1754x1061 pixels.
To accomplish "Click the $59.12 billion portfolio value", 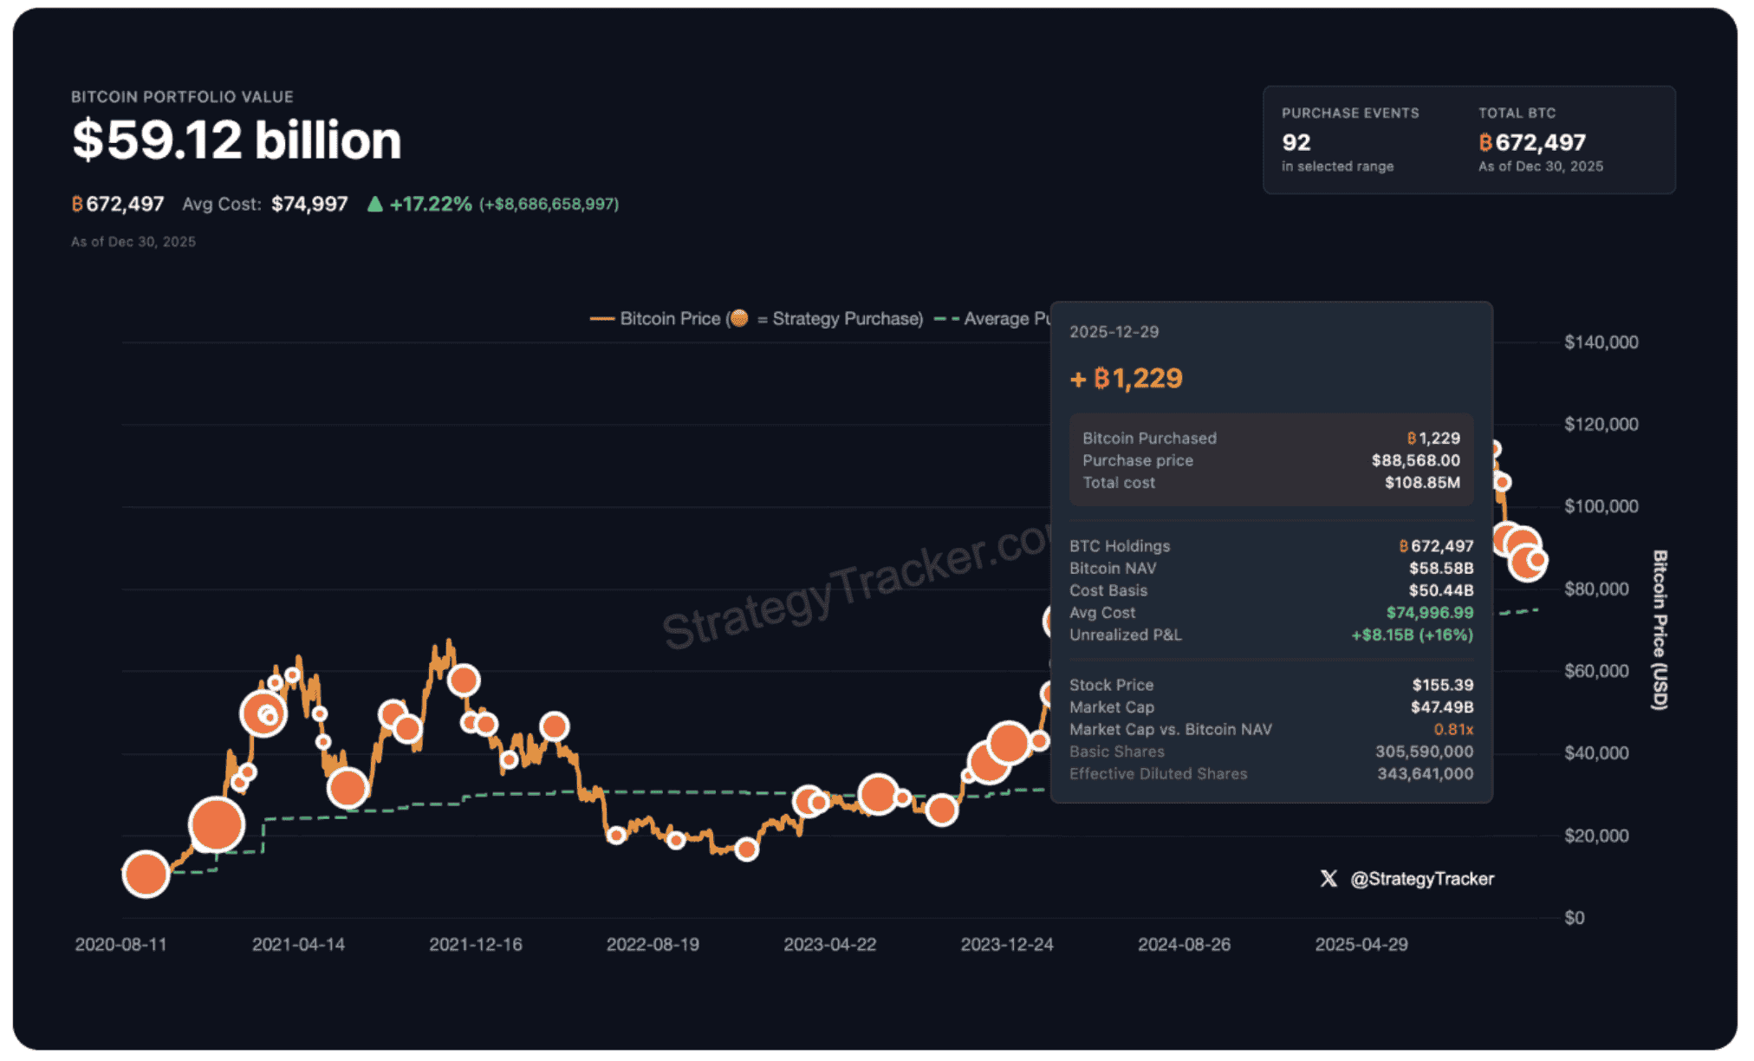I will click(x=237, y=140).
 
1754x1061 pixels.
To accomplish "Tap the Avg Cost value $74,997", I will click(x=309, y=205).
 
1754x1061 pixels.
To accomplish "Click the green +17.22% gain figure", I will click(x=430, y=205).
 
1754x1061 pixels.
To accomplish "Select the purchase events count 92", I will click(x=1296, y=142).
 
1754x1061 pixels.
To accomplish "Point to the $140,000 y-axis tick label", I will click(x=1601, y=342).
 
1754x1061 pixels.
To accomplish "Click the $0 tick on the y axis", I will click(x=1574, y=918).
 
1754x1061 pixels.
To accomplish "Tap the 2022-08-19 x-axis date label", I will click(x=653, y=945).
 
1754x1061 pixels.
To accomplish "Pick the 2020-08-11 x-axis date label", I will click(x=120, y=945).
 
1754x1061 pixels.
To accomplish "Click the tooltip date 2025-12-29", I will click(x=1114, y=332).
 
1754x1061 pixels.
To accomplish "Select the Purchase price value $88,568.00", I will click(x=1415, y=460).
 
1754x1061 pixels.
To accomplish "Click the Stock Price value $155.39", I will click(x=1442, y=685).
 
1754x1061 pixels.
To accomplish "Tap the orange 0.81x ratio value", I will click(x=1452, y=730).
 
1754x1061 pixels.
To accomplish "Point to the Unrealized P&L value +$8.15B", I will click(x=1412, y=635).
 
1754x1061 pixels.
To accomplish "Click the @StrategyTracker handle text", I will click(x=1422, y=879).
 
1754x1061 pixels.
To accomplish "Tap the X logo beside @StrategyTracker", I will click(x=1328, y=879).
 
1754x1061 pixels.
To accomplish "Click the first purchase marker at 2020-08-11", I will click(x=146, y=874).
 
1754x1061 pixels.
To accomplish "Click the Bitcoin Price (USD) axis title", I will click(x=1659, y=630).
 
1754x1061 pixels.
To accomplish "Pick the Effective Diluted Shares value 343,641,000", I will click(x=1425, y=774).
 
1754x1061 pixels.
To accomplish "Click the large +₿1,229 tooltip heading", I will click(x=1127, y=379).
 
